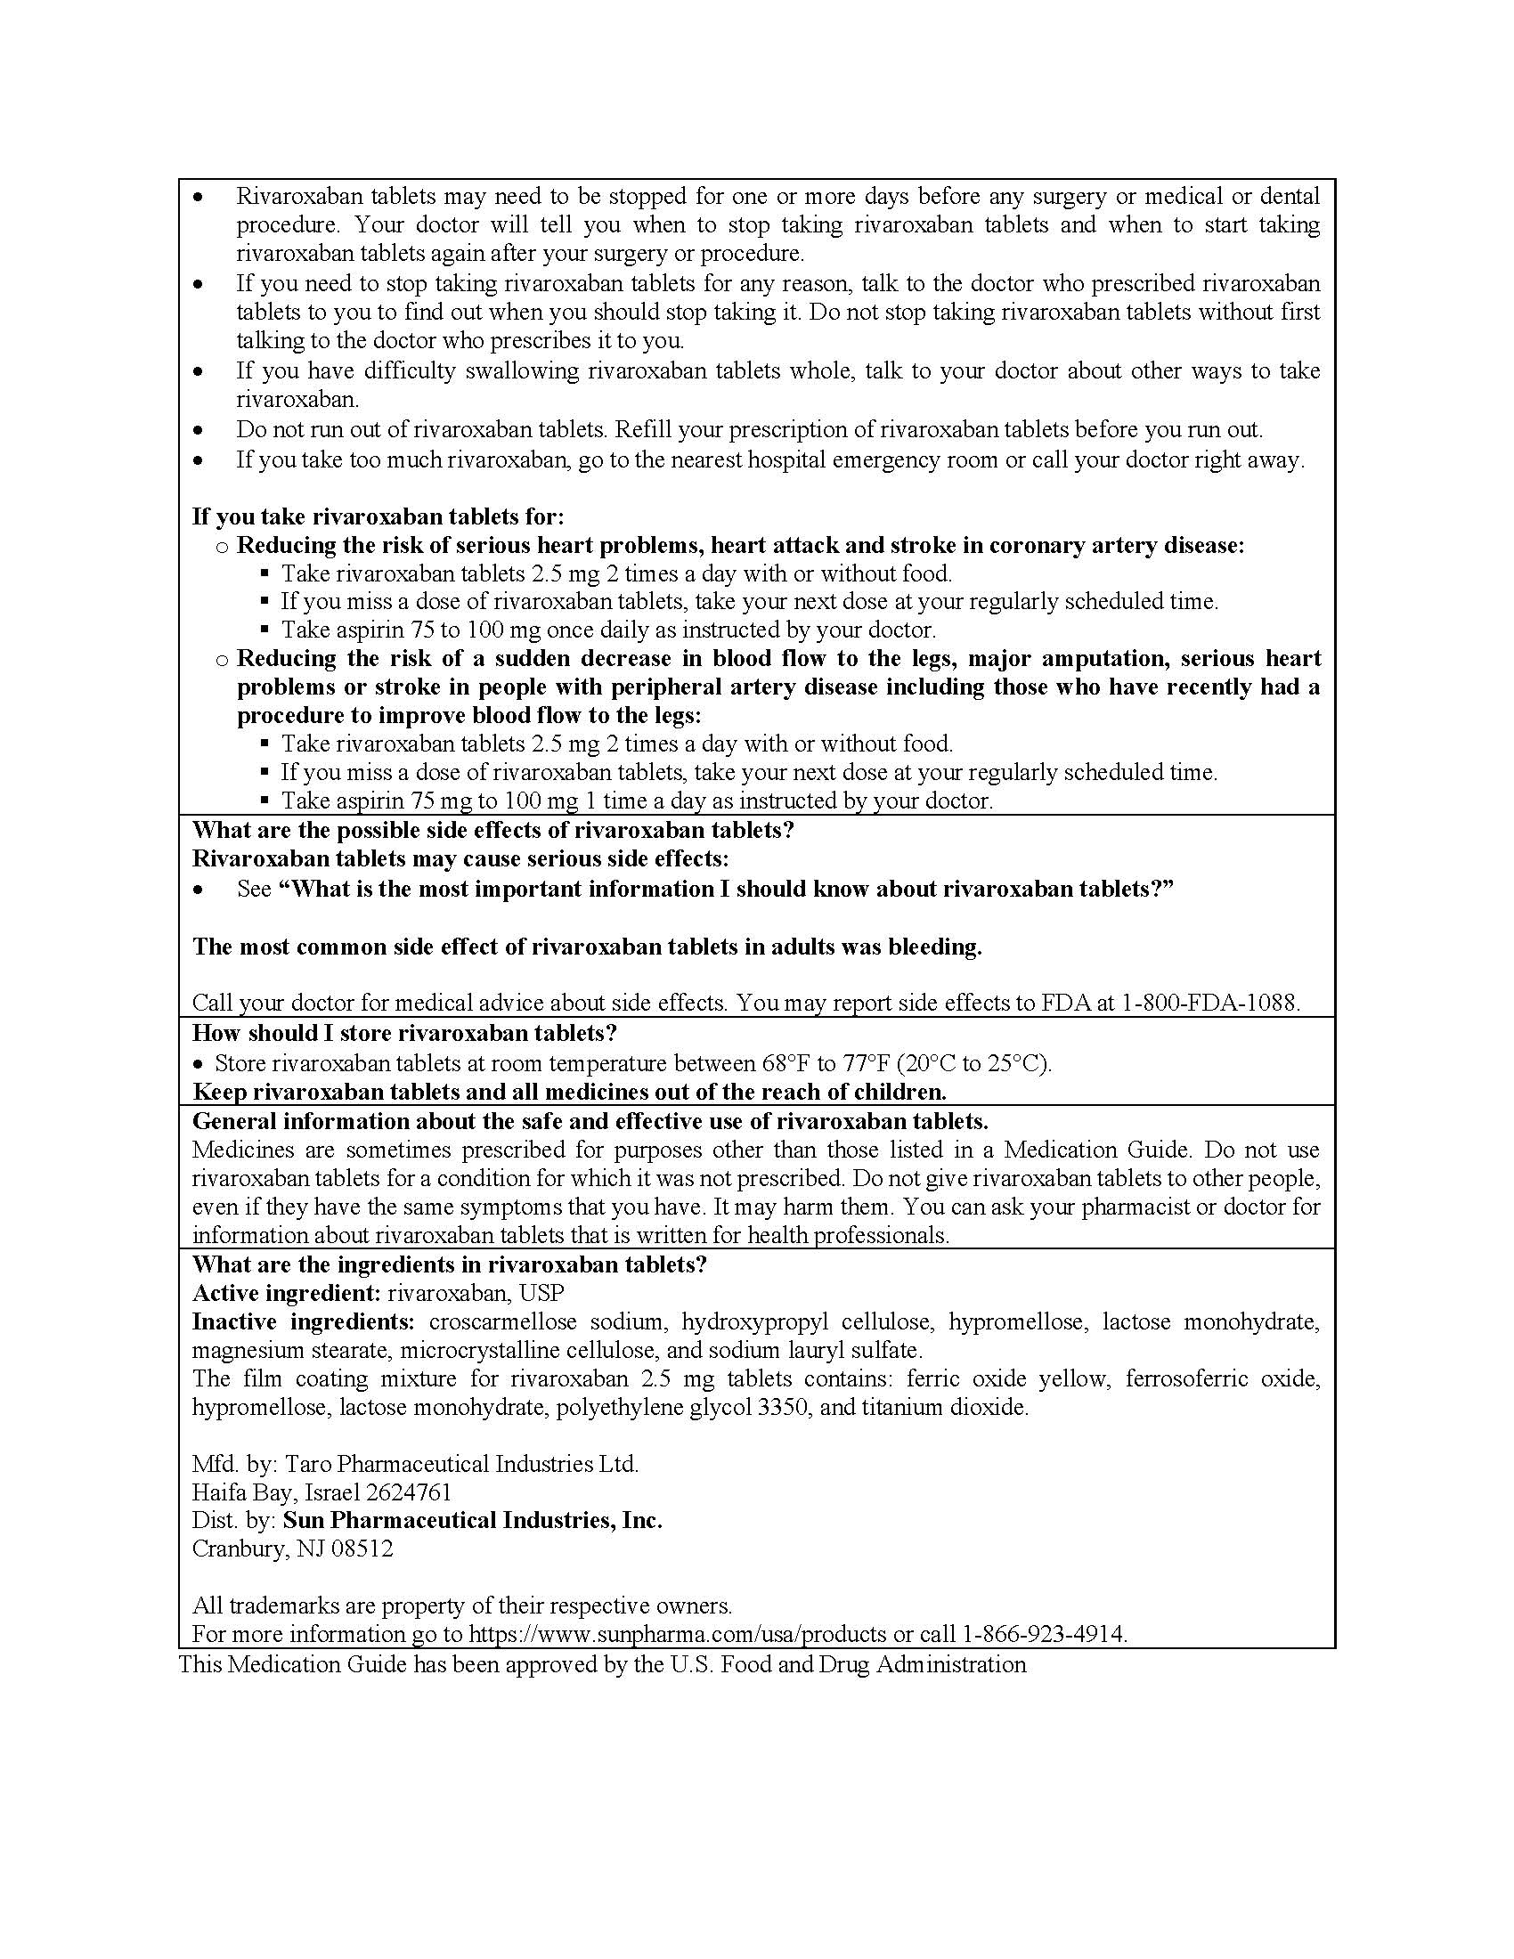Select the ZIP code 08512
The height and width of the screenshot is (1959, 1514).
(x=362, y=1549)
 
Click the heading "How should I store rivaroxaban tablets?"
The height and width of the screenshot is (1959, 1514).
(x=404, y=1032)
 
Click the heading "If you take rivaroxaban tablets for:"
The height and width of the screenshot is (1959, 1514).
(x=378, y=516)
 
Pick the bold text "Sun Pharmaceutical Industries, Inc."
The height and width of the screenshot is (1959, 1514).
(x=473, y=1519)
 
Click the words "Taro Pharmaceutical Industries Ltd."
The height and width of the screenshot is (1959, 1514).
(x=462, y=1464)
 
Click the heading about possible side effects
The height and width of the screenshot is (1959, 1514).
(x=493, y=830)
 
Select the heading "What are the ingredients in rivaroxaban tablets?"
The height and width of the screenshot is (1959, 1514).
(x=450, y=1264)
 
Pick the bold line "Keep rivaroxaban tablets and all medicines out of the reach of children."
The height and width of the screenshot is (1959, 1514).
(x=570, y=1092)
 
